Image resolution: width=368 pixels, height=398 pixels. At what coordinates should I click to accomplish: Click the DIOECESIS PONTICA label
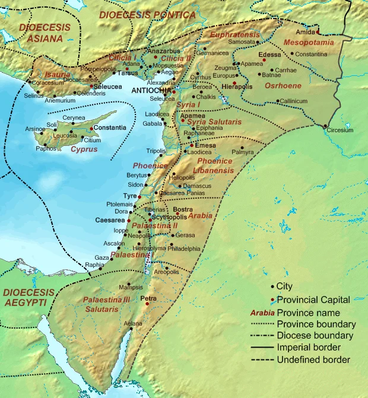coord(147,14)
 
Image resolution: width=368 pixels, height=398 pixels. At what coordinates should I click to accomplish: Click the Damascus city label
coord(198,186)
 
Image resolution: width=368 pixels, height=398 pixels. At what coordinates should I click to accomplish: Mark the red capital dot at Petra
coord(145,304)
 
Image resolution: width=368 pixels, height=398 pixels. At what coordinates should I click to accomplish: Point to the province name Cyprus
coord(84,149)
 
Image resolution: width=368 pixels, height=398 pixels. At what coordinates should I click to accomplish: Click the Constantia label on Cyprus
coord(110,128)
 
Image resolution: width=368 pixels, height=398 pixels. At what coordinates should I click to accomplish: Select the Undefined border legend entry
coord(313,359)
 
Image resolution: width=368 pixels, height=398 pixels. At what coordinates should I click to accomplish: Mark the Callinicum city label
coord(294,101)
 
